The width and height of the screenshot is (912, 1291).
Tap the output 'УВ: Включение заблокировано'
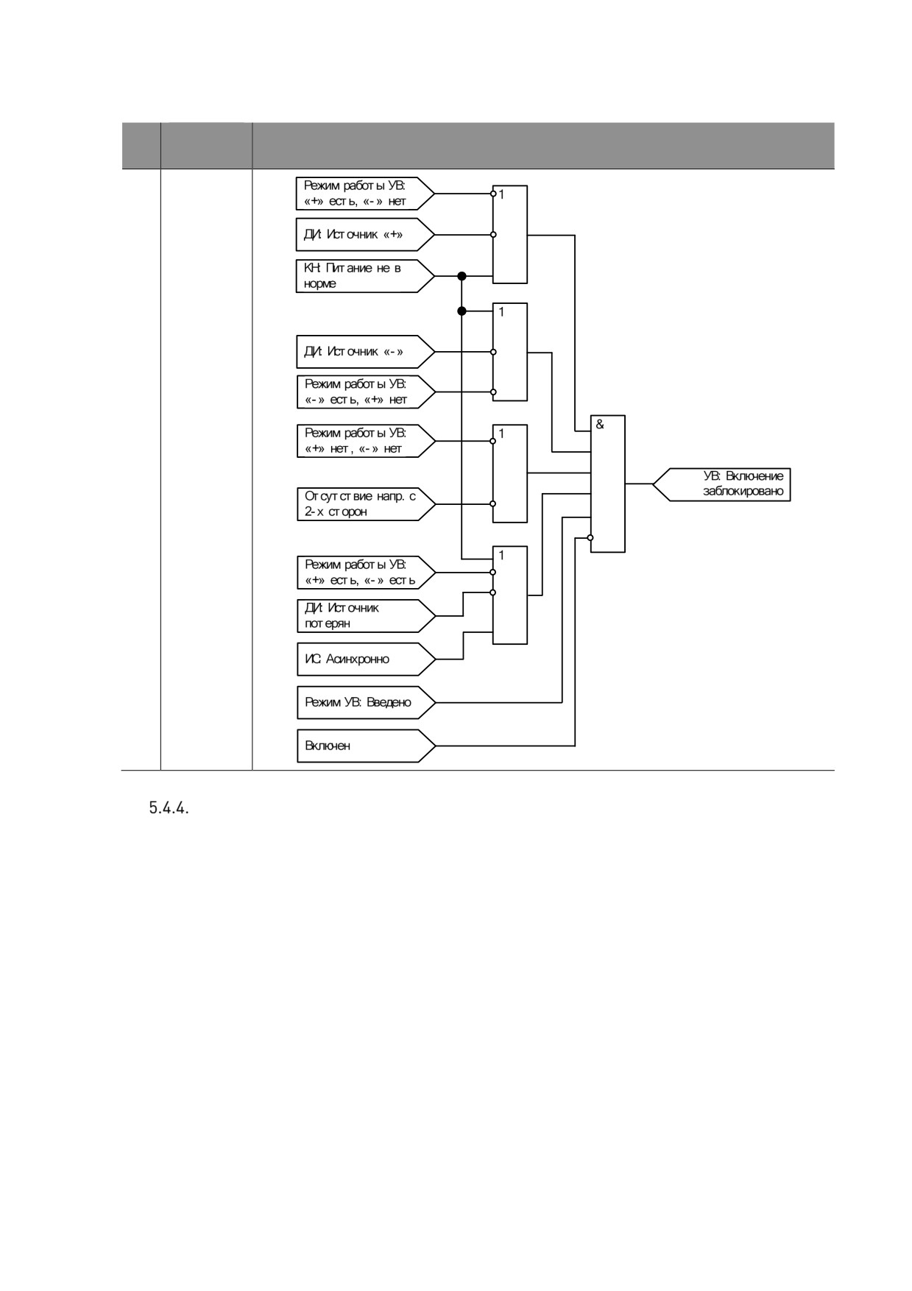[722, 484]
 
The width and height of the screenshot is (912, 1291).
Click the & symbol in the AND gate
[600, 425]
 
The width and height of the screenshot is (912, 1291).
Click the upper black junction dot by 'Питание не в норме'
[462, 276]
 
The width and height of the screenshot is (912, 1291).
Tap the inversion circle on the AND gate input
[590, 537]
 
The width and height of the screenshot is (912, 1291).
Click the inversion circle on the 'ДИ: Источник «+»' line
[493, 235]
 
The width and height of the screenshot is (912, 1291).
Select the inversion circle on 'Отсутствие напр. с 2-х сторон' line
[493, 503]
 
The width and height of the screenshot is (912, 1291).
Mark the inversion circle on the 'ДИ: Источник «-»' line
[493, 352]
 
